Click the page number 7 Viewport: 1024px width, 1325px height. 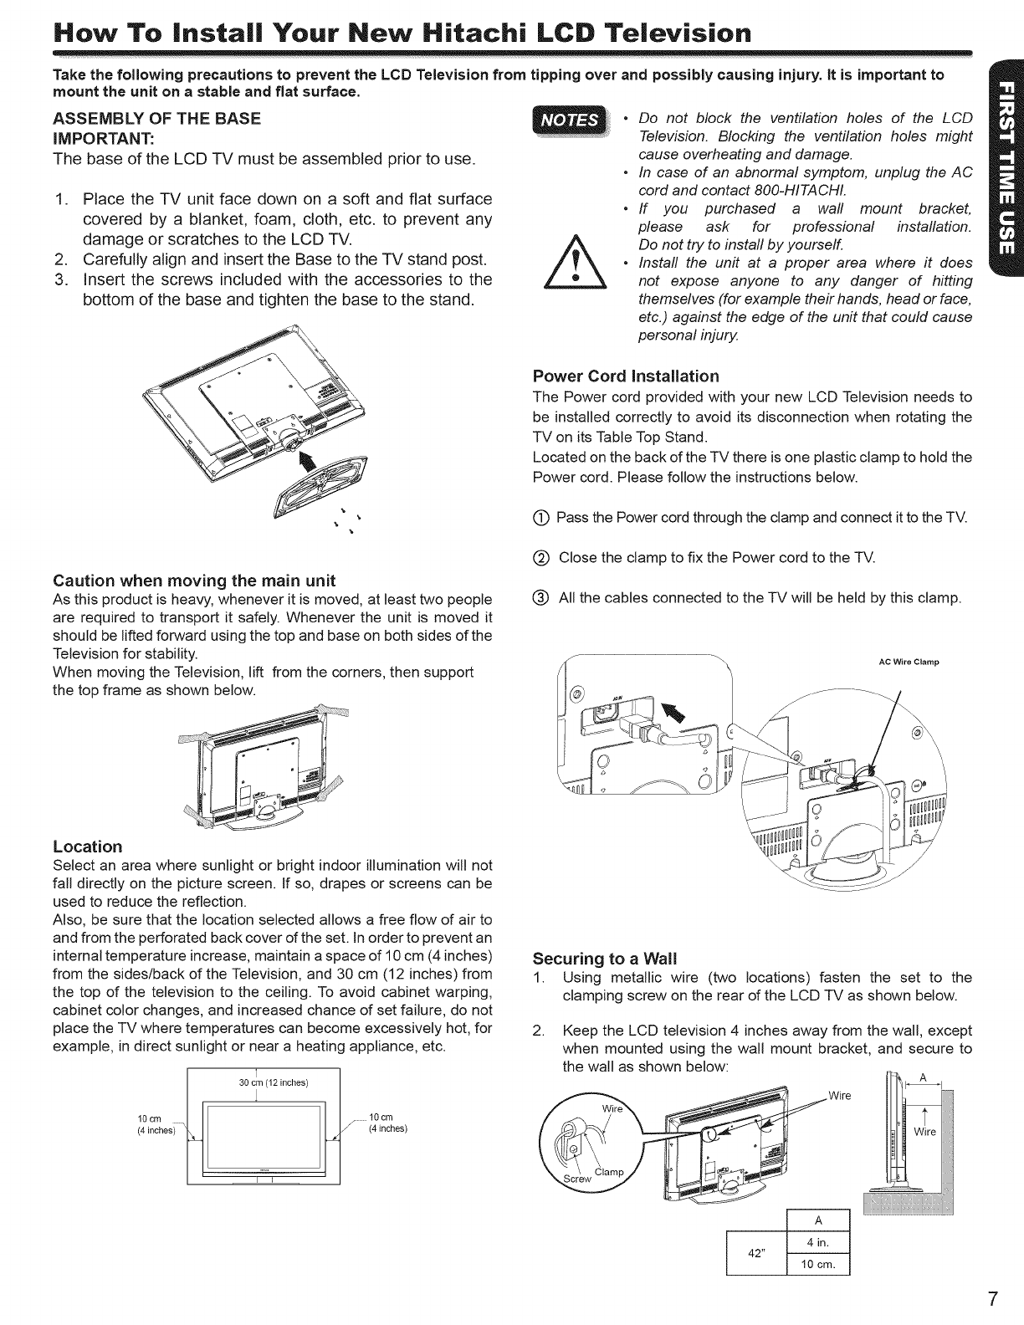(x=991, y=1298)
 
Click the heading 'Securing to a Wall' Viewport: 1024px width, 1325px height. (x=605, y=958)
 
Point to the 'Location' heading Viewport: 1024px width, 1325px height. (x=87, y=846)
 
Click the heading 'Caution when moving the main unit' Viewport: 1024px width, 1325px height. (x=194, y=581)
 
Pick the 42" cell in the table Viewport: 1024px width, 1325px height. (x=757, y=1253)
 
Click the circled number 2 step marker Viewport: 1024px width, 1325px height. (x=540, y=557)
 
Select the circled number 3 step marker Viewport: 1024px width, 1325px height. (x=540, y=598)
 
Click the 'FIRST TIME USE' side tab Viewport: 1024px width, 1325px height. (x=1006, y=176)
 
